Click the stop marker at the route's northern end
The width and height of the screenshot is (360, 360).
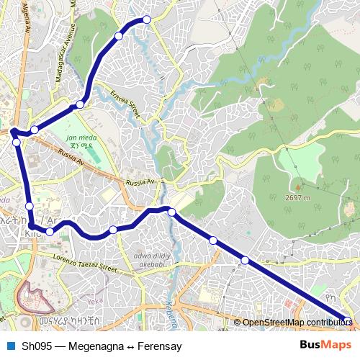click(x=147, y=19)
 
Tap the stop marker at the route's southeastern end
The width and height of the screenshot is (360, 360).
click(x=347, y=321)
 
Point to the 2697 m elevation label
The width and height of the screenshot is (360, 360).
click(x=297, y=197)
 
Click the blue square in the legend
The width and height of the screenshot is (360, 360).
click(x=10, y=346)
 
